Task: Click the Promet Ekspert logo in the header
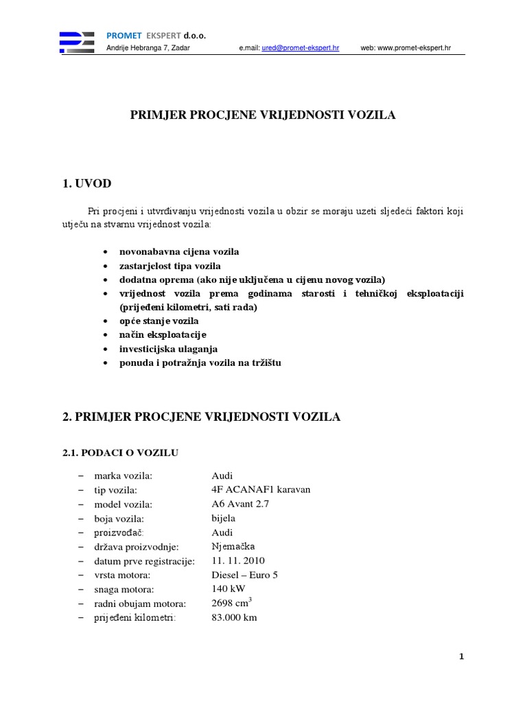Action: point(77,42)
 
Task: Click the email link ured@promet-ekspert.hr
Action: point(301,49)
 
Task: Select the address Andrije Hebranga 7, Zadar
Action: point(148,48)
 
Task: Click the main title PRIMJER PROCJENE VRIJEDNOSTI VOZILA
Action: point(263,115)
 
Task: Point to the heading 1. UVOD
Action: point(86,183)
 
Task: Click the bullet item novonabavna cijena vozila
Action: point(179,252)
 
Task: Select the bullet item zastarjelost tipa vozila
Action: point(170,266)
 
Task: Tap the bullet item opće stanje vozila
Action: point(159,321)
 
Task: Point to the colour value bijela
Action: point(224,518)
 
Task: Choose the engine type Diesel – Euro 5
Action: point(245,575)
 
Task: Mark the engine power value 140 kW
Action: point(229,589)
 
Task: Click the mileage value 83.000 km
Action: point(235,617)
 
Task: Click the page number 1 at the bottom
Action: point(462,657)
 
